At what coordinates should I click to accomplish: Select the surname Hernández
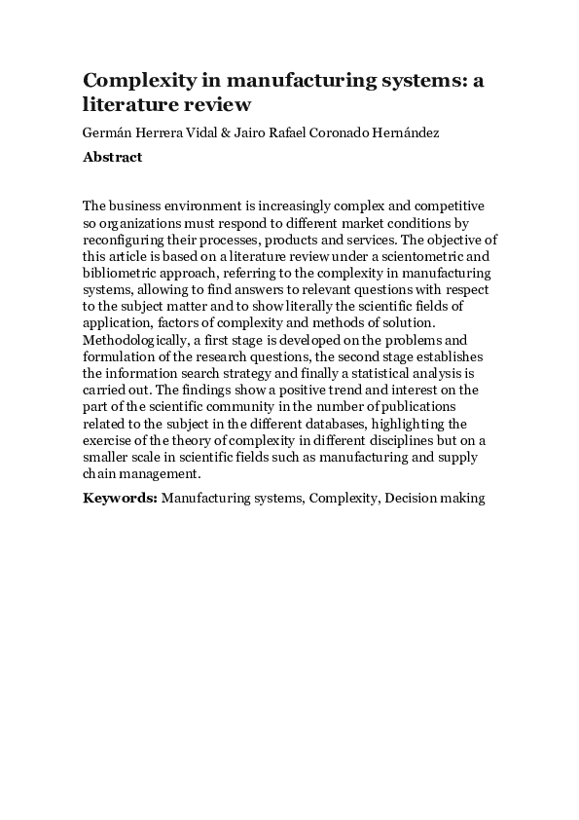pos(401,132)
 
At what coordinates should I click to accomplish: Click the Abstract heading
pos(113,157)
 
